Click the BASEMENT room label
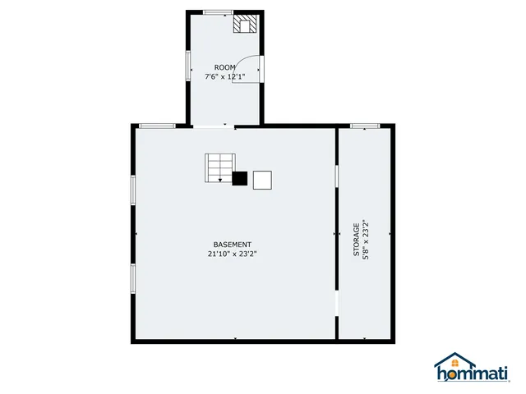click(x=232, y=245)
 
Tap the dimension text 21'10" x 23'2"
click(x=232, y=254)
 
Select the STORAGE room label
click(x=357, y=240)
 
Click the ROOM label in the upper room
click(x=224, y=67)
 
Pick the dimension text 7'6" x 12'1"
click(x=224, y=77)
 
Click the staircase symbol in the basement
click(x=219, y=168)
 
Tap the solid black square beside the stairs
click(x=240, y=179)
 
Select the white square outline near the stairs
click(x=262, y=180)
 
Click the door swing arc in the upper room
click(x=249, y=71)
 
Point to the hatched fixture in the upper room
click(x=245, y=23)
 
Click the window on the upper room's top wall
click(x=218, y=12)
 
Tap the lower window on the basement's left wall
click(x=132, y=277)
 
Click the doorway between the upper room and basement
click(x=213, y=126)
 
